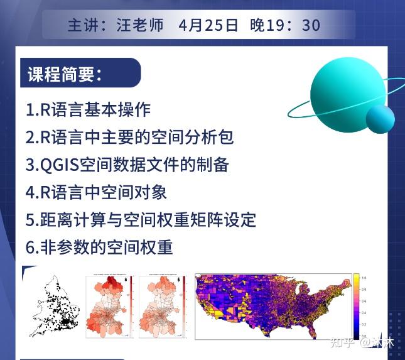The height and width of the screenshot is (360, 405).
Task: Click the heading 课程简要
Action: click(65, 74)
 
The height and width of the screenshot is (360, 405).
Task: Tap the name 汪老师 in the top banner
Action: click(140, 25)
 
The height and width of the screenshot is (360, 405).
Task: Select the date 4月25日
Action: click(208, 25)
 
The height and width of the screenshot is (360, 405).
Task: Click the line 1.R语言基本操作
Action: click(88, 109)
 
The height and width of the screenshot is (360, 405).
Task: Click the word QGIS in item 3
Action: click(60, 165)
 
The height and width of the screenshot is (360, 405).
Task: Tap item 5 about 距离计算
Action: click(141, 220)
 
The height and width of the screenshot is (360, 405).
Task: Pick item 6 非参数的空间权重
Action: click(99, 248)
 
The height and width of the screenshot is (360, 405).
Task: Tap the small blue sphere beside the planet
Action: click(380, 118)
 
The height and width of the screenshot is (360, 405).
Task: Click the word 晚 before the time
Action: click(258, 25)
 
